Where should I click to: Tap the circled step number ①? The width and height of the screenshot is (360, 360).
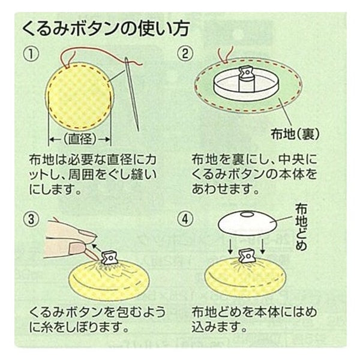(x=31, y=54)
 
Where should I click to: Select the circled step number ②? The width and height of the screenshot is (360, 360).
(x=185, y=54)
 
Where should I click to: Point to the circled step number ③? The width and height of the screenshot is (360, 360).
(x=31, y=219)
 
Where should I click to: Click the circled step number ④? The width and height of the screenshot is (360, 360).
(x=185, y=219)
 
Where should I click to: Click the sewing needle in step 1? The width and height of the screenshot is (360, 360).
(x=132, y=94)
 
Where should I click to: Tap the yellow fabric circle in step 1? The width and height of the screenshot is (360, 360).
(x=80, y=96)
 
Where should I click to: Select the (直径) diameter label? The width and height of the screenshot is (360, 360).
(x=80, y=139)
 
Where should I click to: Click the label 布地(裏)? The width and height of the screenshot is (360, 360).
(x=295, y=134)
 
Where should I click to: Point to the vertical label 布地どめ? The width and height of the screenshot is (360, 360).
(x=301, y=227)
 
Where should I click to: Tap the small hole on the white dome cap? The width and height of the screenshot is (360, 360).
(x=247, y=214)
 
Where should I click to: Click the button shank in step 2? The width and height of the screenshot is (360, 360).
(x=247, y=79)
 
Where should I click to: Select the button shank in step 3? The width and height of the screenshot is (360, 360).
(x=110, y=257)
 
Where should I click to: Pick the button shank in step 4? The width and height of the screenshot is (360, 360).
(x=247, y=256)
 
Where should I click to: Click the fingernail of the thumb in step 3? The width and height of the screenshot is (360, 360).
(x=77, y=248)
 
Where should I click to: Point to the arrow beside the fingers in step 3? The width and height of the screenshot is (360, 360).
(x=97, y=248)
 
